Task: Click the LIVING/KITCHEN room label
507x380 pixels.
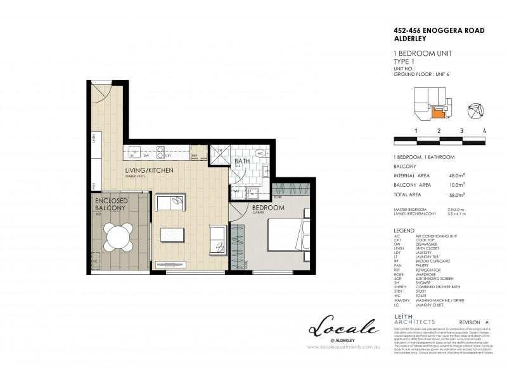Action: (x=148, y=170)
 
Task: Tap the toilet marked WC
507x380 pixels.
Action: (x=261, y=154)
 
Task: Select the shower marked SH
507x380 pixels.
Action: (x=218, y=156)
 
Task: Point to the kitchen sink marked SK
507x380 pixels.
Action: (x=134, y=151)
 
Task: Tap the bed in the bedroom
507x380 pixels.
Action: (x=288, y=236)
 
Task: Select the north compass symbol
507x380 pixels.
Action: (x=476, y=110)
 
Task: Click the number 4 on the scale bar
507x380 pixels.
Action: (x=484, y=130)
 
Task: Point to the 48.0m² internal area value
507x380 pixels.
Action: (x=458, y=175)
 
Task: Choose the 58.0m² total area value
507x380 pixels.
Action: (x=458, y=195)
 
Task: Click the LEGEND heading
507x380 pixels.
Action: (x=404, y=231)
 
